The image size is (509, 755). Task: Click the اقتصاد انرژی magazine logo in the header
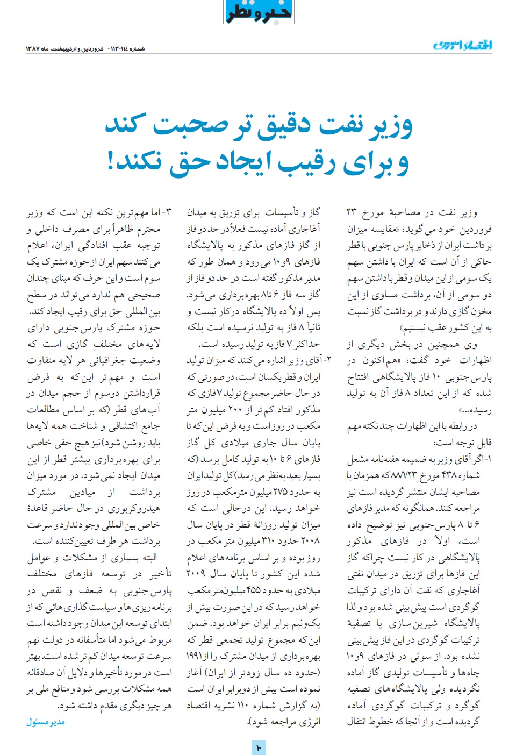(463, 45)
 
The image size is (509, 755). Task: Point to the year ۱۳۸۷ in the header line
(33, 49)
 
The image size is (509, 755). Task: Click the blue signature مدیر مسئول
(46, 722)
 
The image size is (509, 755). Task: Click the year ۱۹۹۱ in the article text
(196, 656)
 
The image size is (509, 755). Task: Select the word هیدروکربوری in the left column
(134, 509)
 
